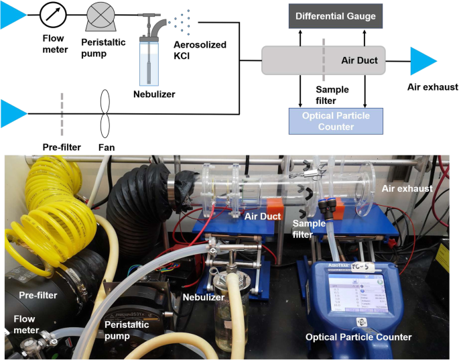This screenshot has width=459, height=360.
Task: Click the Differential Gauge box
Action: pos(335,15)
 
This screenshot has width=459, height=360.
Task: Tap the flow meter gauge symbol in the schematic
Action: pos(53,13)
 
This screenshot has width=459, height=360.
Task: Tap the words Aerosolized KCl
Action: pos(199,51)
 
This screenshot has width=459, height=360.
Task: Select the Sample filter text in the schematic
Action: pos(333,95)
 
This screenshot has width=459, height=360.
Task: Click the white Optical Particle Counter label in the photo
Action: pos(358,337)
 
